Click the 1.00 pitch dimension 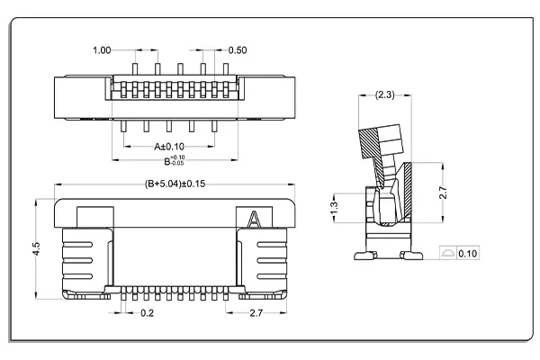pyautogui.click(x=103, y=49)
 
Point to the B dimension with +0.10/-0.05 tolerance pyautogui.click(x=175, y=161)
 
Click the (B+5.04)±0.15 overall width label pyautogui.click(x=175, y=184)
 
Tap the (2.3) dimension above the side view pyautogui.click(x=382, y=94)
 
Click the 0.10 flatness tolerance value pyautogui.click(x=468, y=255)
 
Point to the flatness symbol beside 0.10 pyautogui.click(x=447, y=255)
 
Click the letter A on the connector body pyautogui.click(x=255, y=219)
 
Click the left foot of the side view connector pyautogui.click(x=364, y=256)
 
